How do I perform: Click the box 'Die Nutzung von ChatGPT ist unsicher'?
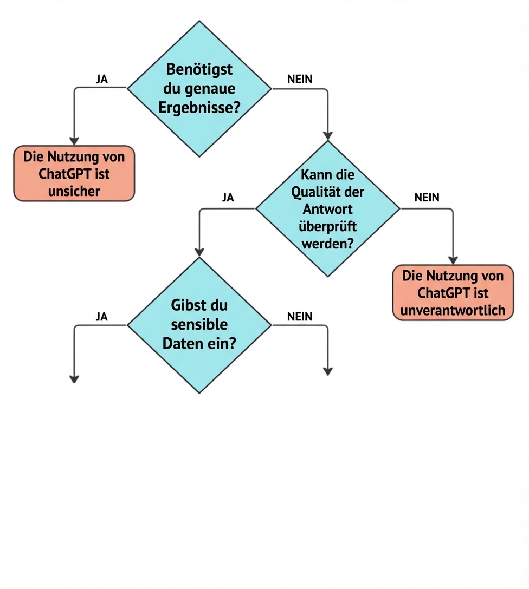74,173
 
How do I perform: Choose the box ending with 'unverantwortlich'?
453,292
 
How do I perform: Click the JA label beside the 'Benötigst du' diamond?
101,79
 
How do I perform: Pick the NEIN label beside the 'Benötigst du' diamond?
300,79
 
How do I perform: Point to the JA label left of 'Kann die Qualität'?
228,198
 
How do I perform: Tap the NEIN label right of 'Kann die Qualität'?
427,198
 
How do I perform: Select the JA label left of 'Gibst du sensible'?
101,317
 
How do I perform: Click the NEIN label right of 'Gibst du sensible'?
300,317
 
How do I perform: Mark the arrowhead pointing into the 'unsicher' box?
74,140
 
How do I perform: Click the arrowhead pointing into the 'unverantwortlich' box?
453,260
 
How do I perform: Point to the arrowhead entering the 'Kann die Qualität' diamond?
327,135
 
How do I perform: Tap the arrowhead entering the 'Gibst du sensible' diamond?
199,252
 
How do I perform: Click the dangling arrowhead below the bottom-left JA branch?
74,378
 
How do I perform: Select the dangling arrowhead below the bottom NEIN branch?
327,371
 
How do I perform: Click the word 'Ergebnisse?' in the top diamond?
199,107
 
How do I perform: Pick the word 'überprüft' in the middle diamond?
327,225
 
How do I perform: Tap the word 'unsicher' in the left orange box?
74,191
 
